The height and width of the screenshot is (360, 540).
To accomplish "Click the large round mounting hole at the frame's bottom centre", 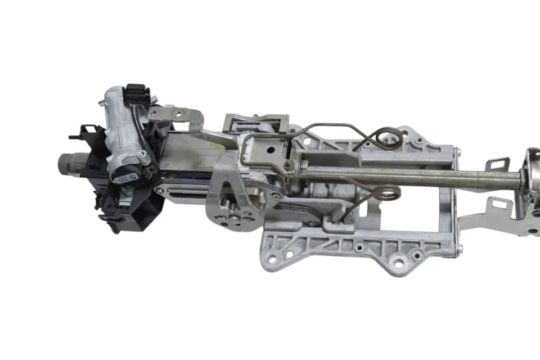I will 399,262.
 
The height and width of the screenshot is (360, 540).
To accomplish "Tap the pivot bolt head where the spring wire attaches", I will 289,165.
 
